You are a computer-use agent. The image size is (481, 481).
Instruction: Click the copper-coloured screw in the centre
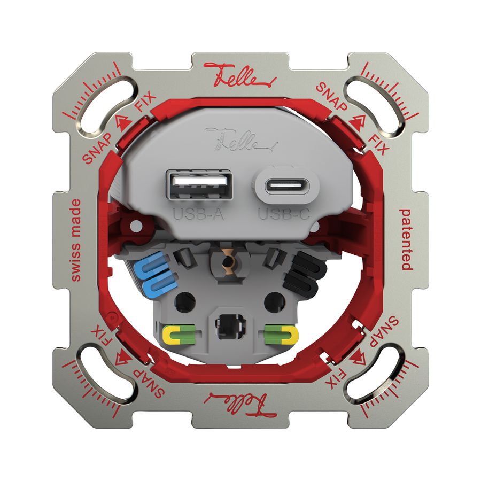[x=229, y=262]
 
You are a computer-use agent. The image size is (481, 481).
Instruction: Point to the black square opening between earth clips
[x=228, y=325]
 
